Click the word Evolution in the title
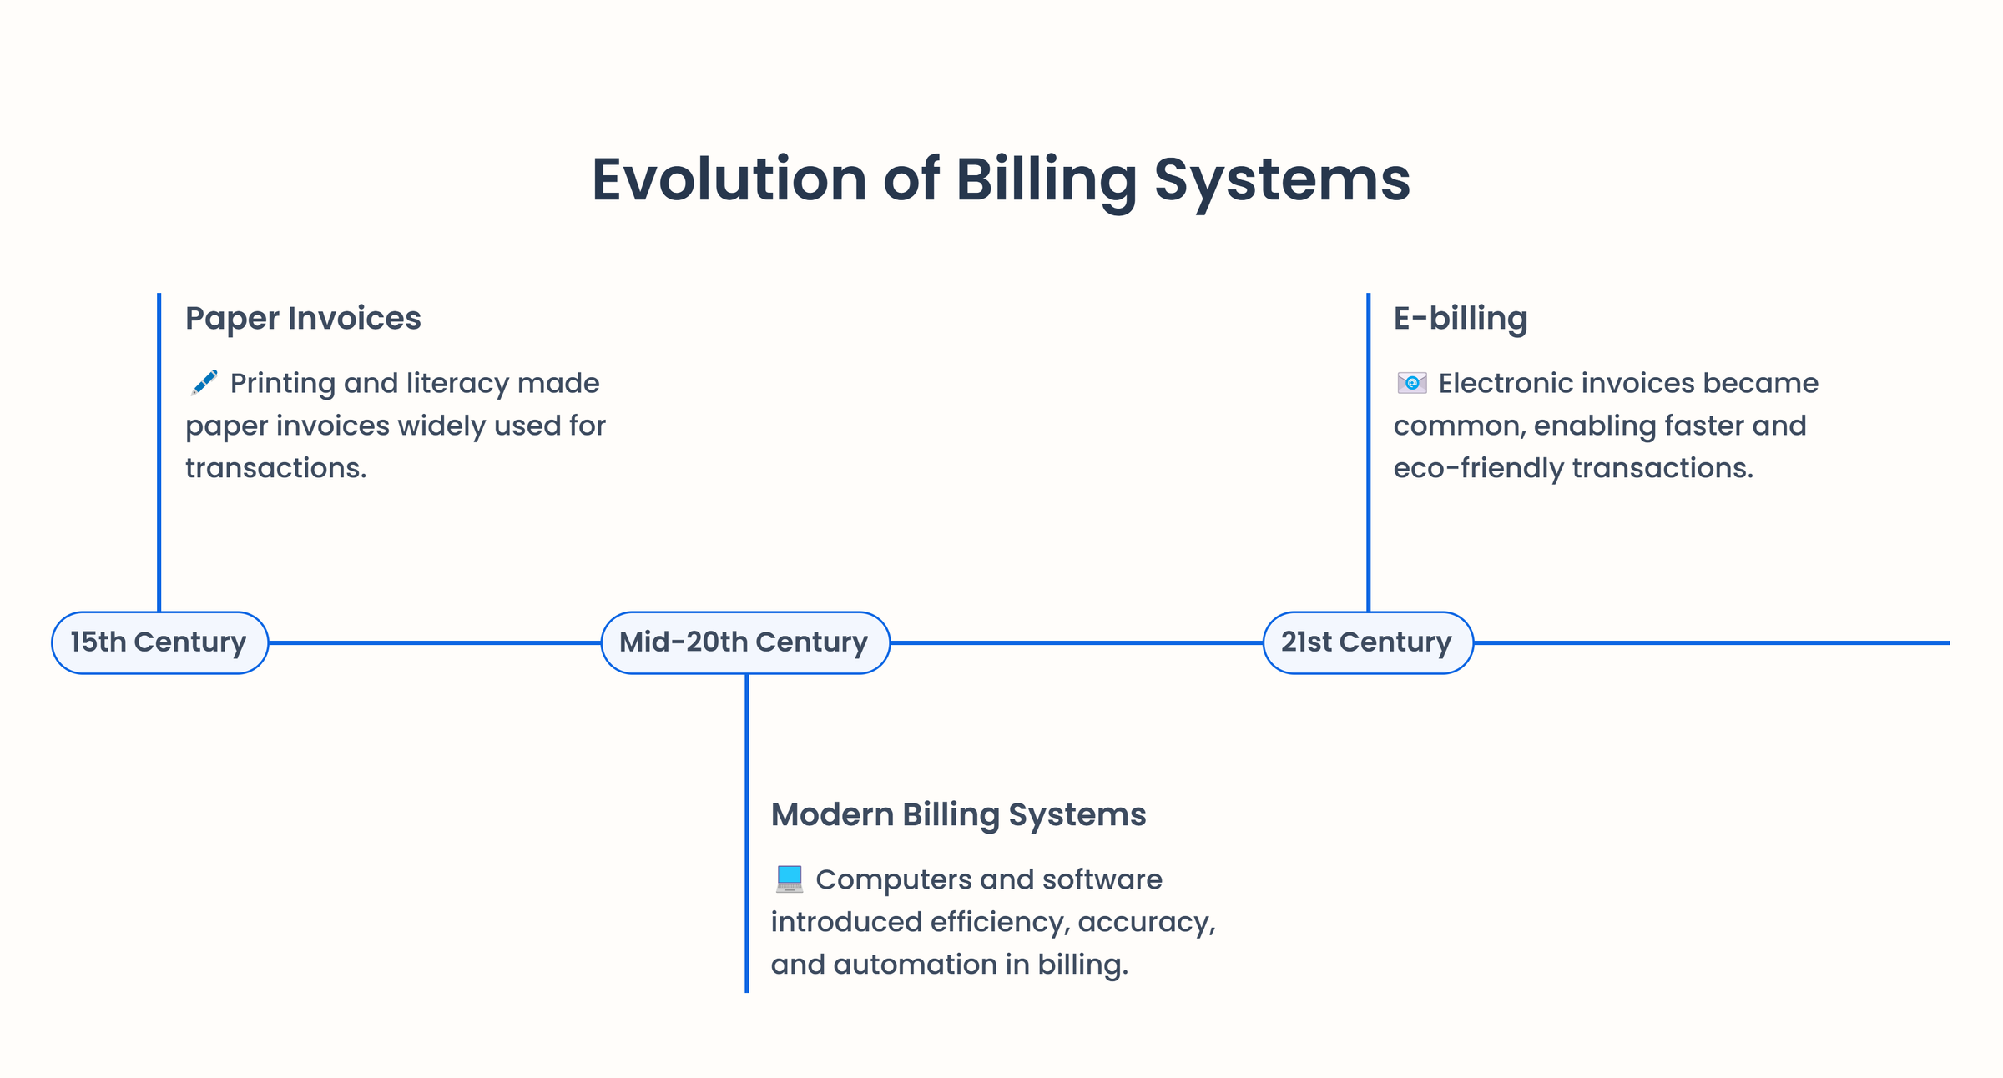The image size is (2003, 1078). pos(729,179)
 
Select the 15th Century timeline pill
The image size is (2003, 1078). pos(159,642)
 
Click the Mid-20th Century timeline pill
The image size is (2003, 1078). pos(744,642)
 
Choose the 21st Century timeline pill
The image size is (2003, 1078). pos(1367,642)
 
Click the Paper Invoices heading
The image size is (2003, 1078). pos(303,318)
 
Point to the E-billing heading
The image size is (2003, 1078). pos(1460,318)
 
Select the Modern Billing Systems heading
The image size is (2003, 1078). pos(958,814)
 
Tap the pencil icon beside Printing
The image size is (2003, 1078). pos(204,382)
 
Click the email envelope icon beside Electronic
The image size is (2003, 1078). pos(1411,383)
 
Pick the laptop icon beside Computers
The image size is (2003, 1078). pos(789,879)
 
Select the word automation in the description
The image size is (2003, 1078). pos(915,965)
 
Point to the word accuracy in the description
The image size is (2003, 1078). pos(1145,922)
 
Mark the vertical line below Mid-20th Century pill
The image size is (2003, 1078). pos(746,834)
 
